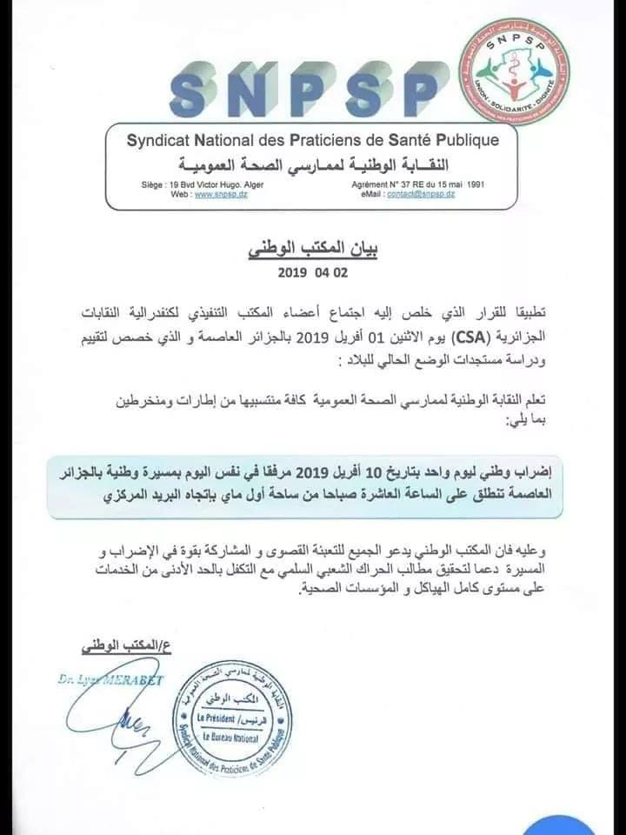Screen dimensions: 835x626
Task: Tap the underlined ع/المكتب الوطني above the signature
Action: (102, 647)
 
